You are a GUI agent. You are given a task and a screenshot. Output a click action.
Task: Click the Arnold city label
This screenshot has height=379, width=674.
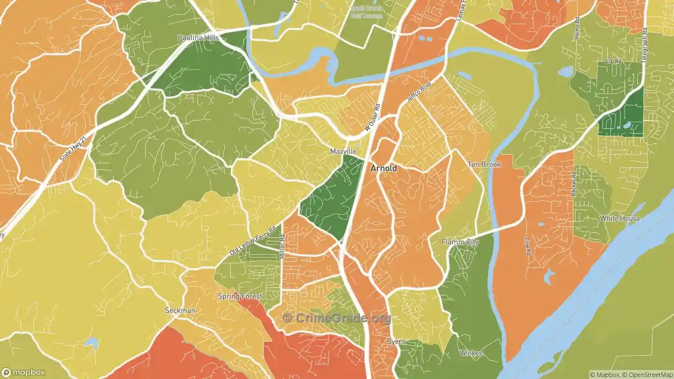[x=384, y=168]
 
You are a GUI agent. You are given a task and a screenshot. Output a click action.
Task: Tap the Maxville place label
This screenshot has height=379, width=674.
[x=343, y=152]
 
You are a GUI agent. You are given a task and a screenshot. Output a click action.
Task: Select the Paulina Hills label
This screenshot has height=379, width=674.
[x=198, y=38]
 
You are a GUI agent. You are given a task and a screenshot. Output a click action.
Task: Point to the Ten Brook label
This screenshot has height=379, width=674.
[x=484, y=165]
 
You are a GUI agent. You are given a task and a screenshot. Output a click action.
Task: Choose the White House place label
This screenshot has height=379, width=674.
[x=620, y=218]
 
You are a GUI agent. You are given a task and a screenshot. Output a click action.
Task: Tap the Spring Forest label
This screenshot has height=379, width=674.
[x=240, y=296]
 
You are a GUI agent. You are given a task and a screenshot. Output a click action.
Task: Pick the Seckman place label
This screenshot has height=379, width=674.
[x=180, y=311]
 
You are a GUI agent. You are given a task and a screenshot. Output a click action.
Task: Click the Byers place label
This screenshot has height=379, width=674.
[x=396, y=342]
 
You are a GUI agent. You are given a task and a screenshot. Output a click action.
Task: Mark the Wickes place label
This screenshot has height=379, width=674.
[x=470, y=353]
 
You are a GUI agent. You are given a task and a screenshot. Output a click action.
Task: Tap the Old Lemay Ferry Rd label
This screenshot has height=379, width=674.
[x=253, y=241]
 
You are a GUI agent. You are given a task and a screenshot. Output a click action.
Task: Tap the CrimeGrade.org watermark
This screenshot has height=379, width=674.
[x=337, y=318]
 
